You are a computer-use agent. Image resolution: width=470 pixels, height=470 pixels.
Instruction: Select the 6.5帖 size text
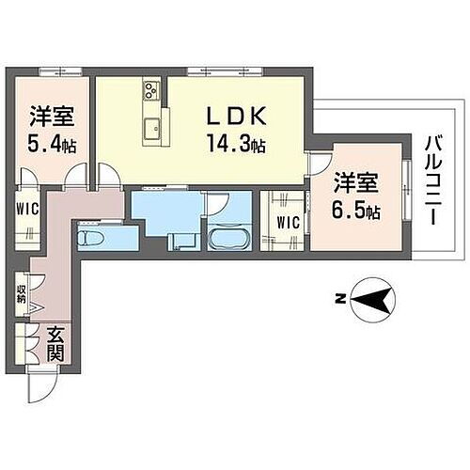click(x=356, y=211)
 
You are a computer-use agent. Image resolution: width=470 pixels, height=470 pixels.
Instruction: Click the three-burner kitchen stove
click(x=151, y=92)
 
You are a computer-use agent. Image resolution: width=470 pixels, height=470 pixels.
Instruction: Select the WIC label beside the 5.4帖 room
click(x=25, y=209)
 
